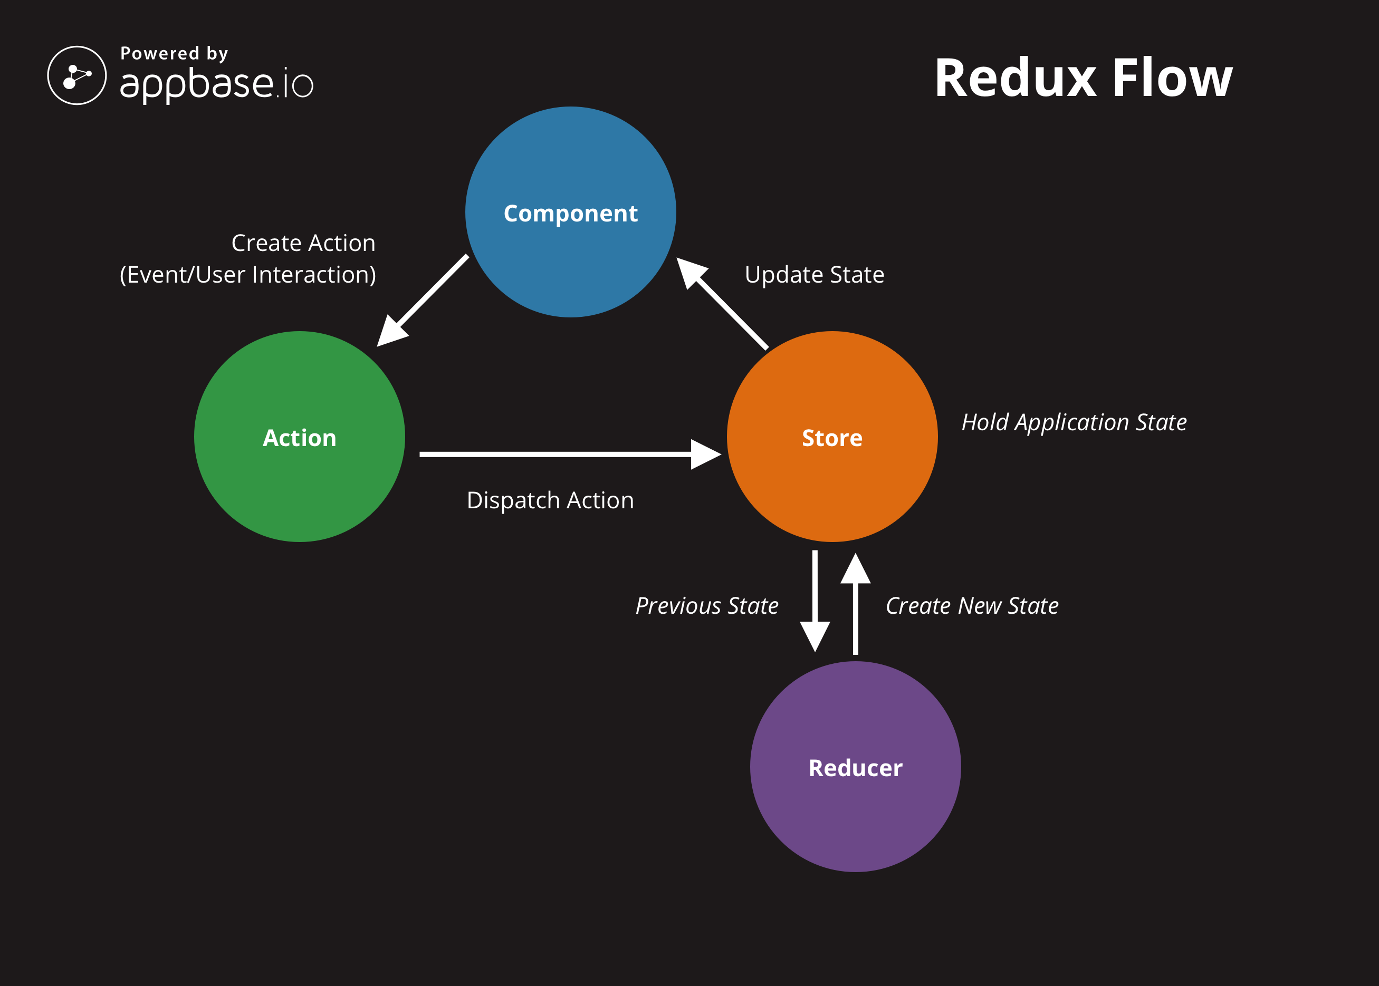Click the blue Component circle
(x=570, y=212)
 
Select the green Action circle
(x=300, y=437)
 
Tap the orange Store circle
(x=832, y=437)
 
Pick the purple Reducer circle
(x=855, y=767)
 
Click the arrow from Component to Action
(x=422, y=301)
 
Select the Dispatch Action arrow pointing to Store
(x=570, y=454)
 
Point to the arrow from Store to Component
(x=722, y=304)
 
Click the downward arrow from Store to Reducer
(x=815, y=601)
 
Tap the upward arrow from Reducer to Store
(x=855, y=604)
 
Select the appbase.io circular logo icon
(x=77, y=75)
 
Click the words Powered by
(x=174, y=53)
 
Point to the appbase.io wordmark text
(x=217, y=84)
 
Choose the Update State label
(x=815, y=274)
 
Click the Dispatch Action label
(x=550, y=500)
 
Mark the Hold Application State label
(x=1074, y=422)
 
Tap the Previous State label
(x=707, y=606)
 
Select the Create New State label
(x=972, y=606)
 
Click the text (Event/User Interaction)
(x=248, y=274)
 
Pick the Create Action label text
(x=303, y=243)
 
